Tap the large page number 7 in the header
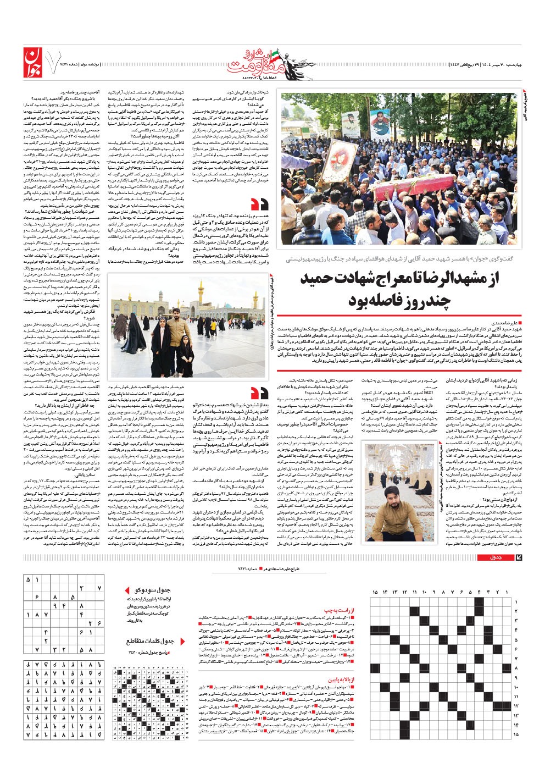coord(55,62)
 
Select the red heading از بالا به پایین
coord(341,679)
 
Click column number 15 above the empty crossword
coord(375,592)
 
